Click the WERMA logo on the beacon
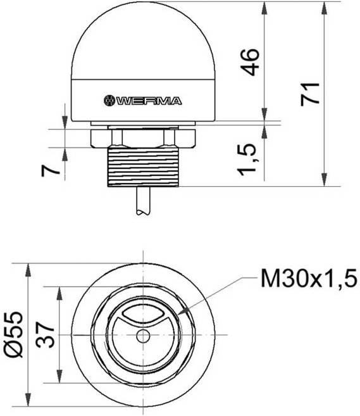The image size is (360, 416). (x=142, y=100)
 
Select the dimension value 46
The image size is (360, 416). (x=252, y=61)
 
